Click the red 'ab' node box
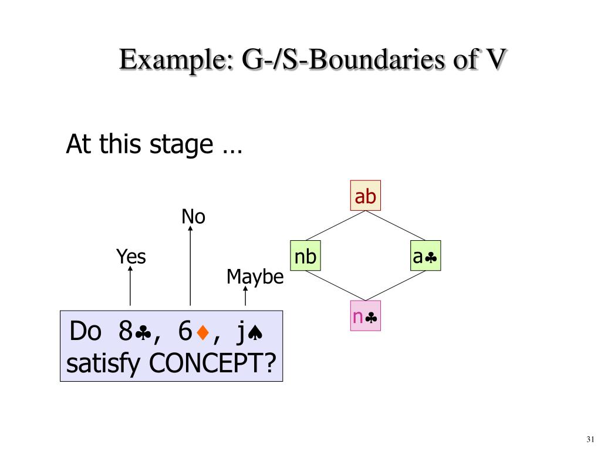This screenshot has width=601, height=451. pyautogui.click(x=365, y=196)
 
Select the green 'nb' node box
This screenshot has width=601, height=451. pyautogui.click(x=306, y=256)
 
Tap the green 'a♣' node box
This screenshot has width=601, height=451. pyautogui.click(x=426, y=256)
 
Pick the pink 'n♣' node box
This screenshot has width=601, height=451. pyautogui.click(x=365, y=317)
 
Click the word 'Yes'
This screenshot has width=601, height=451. pyautogui.click(x=130, y=257)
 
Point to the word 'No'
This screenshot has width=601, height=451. pyautogui.click(x=193, y=217)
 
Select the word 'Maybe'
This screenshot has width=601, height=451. pyautogui.click(x=255, y=277)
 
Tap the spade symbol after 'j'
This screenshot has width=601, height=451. pyautogui.click(x=255, y=334)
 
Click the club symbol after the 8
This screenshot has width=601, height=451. pyautogui.click(x=142, y=334)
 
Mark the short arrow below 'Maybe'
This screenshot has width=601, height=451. pyautogui.click(x=245, y=297)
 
